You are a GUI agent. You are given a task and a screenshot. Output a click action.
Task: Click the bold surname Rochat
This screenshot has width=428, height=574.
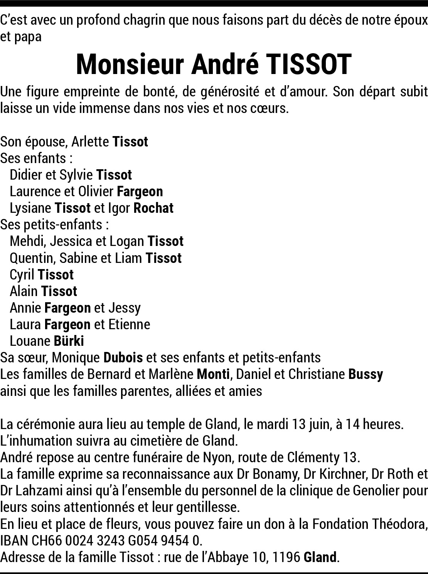click(x=153, y=208)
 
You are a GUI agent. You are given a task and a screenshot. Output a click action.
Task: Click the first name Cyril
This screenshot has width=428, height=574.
click(x=22, y=274)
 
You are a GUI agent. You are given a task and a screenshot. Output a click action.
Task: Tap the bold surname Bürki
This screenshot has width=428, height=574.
click(x=69, y=341)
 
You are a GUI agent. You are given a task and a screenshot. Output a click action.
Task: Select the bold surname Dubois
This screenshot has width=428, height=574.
click(x=123, y=358)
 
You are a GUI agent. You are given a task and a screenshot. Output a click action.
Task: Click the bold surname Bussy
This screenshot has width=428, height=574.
click(x=366, y=374)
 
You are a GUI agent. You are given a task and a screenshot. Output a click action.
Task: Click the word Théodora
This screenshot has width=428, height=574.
click(x=399, y=524)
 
